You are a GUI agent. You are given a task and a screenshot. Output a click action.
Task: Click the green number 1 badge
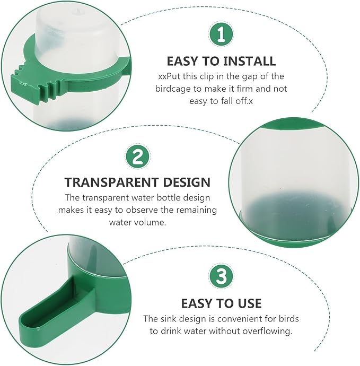(221, 34)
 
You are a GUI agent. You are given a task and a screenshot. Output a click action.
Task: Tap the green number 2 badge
(138, 156)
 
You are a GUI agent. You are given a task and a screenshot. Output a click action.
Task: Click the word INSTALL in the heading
(249, 61)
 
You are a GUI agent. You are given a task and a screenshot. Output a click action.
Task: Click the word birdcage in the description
(173, 89)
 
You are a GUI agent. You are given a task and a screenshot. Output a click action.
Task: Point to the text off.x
(244, 101)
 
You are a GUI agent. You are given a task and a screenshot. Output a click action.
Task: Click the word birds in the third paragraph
(289, 319)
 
